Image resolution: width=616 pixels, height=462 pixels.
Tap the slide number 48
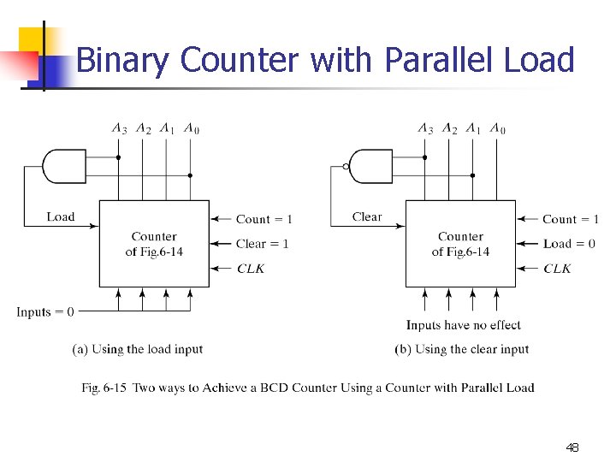[x=572, y=447]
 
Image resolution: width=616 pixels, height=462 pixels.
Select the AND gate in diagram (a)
[x=63, y=166]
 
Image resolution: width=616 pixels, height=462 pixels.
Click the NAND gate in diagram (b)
[x=370, y=166]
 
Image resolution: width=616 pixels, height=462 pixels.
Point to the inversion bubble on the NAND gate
[x=346, y=166]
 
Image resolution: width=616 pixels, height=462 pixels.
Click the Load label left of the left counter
[x=61, y=217]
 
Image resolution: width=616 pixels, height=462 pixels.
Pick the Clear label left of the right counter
[x=367, y=217]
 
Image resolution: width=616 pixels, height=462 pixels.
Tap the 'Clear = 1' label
[x=263, y=244]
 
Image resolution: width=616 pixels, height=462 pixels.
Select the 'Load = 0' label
[x=569, y=244]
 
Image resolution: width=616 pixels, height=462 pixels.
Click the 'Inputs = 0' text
[x=44, y=312]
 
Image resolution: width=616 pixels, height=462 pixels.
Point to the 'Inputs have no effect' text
[x=463, y=325]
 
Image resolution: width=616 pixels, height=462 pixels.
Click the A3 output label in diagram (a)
[x=119, y=129]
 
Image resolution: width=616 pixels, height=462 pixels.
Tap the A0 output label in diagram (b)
[x=498, y=129]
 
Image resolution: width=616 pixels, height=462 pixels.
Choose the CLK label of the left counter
[x=251, y=269]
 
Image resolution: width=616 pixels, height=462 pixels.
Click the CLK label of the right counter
[x=557, y=269]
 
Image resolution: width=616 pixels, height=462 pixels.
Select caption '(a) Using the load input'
[x=138, y=349]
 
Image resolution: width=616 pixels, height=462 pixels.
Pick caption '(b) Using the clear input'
[x=462, y=349]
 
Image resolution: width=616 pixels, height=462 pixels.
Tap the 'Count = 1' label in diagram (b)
[x=571, y=219]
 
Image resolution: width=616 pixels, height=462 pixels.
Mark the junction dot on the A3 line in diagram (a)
[x=118, y=157]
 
